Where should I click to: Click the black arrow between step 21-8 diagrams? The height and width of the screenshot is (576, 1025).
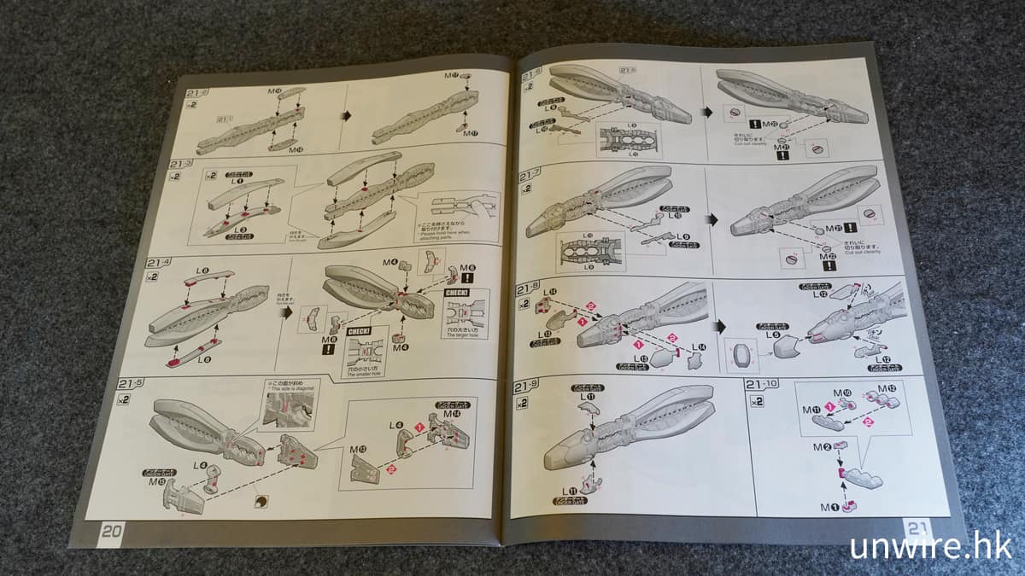point(719,325)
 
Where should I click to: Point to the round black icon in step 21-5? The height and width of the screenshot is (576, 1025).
point(260,501)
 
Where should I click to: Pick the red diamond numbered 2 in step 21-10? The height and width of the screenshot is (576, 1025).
point(870,422)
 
